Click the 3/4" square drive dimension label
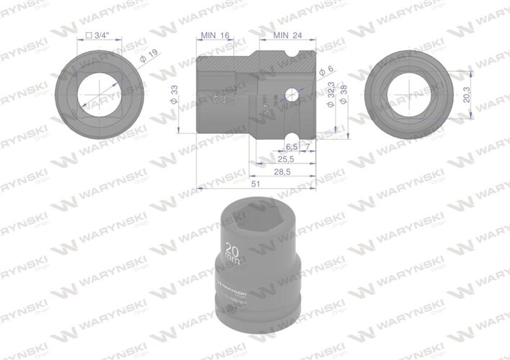[99, 34]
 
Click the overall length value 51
[255, 185]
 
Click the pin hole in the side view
[292, 94]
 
